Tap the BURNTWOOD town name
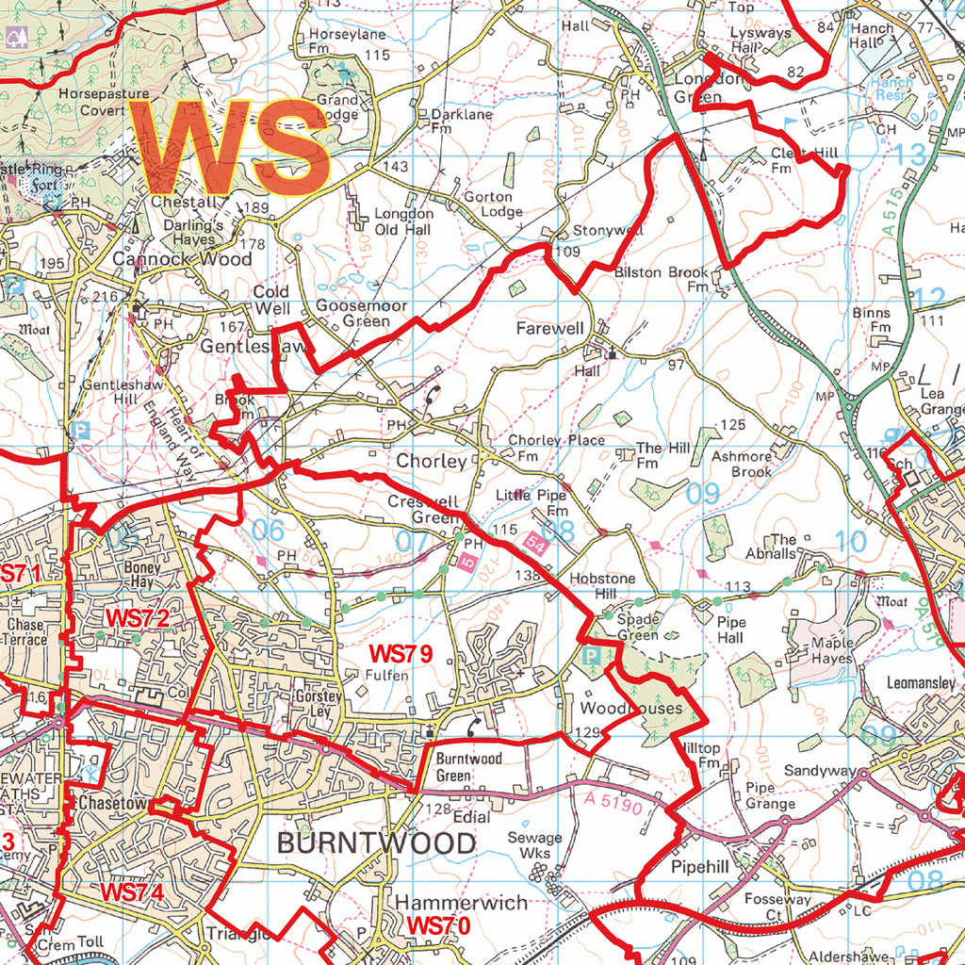pos(376,842)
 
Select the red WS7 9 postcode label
pos(401,652)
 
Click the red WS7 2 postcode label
pos(137,619)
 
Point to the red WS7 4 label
pos(133,891)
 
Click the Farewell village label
pos(549,328)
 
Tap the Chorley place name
pos(431,462)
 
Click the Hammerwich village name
pos(461,903)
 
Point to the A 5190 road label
pos(612,803)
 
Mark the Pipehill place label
pos(699,865)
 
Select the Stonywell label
pos(609,230)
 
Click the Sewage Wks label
pos(534,845)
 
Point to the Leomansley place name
pos(921,682)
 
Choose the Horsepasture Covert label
pos(104,102)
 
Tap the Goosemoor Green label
pos(353,313)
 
